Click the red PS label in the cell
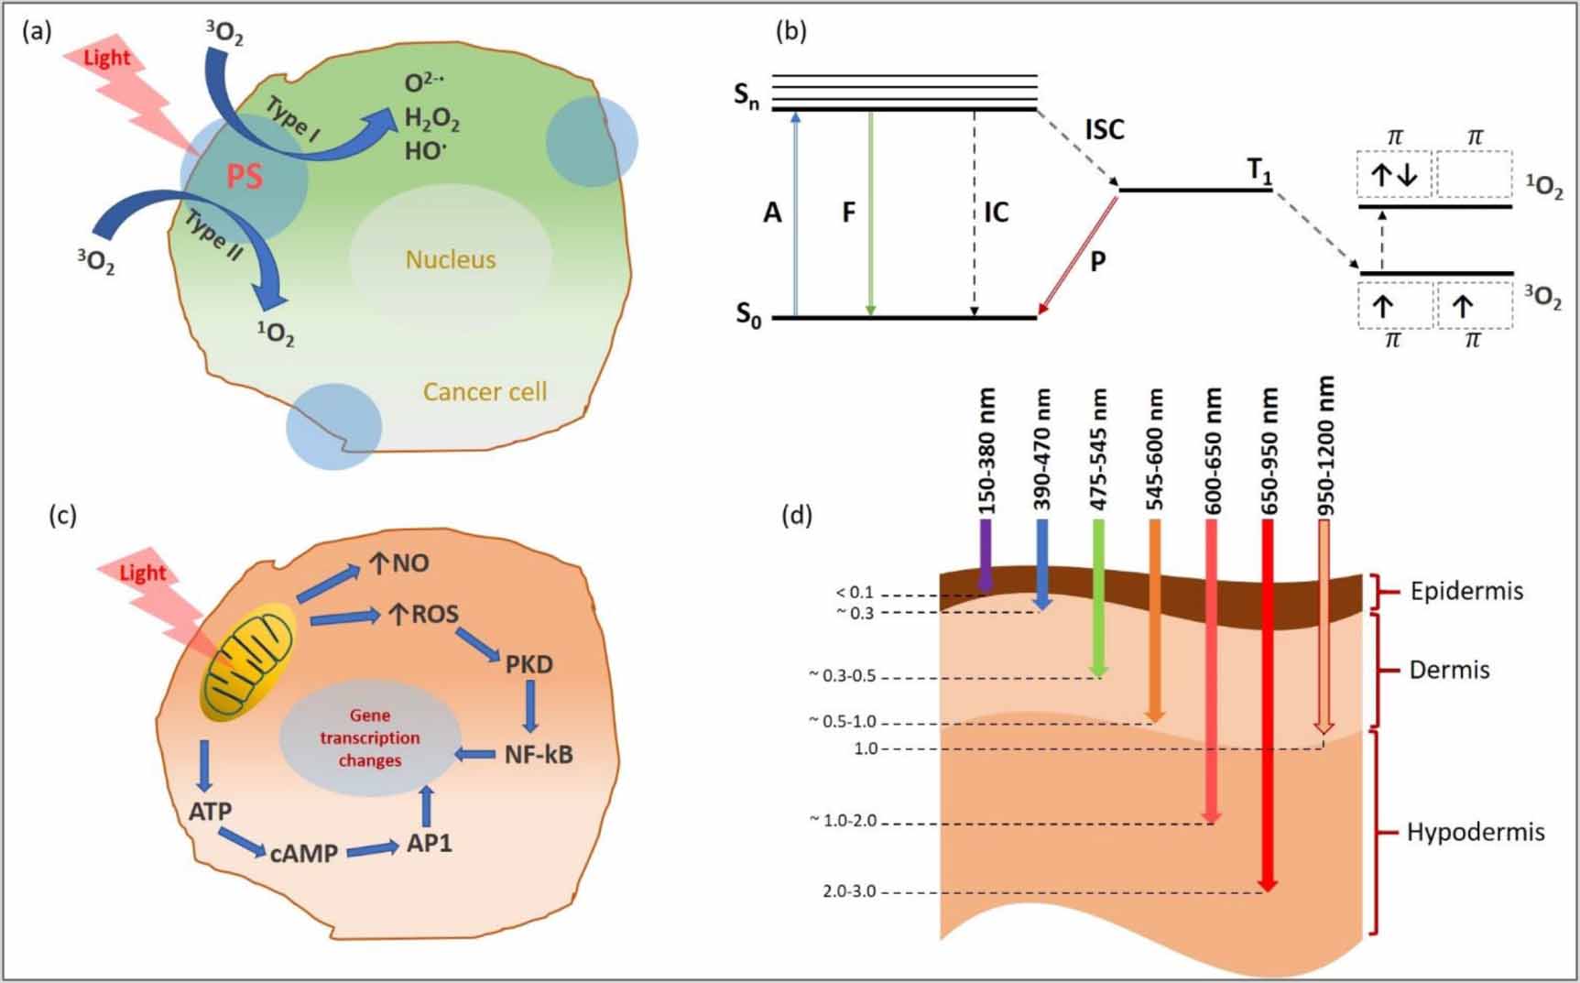[245, 175]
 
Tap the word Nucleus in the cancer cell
[451, 259]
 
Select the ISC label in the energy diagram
[1104, 130]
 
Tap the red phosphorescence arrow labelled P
[1078, 257]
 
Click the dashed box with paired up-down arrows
[1394, 175]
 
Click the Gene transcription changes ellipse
[370, 737]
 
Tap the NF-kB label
[539, 755]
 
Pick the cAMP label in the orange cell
[304, 853]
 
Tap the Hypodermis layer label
[1475, 833]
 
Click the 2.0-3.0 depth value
[849, 891]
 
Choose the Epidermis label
[1466, 591]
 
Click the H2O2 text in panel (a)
[432, 118]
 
